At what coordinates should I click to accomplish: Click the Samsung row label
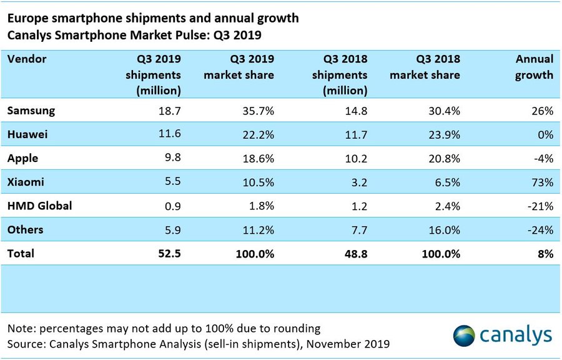point(31,111)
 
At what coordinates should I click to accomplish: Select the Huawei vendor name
point(29,134)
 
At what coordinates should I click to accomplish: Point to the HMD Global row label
point(39,206)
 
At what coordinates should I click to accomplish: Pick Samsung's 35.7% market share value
point(257,111)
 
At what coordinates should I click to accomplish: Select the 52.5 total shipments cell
point(169,254)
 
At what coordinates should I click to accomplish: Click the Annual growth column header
point(534,67)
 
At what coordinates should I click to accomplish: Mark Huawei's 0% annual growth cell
point(545,134)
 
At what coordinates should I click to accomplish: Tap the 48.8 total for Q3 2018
point(355,254)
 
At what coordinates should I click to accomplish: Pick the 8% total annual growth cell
point(545,254)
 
